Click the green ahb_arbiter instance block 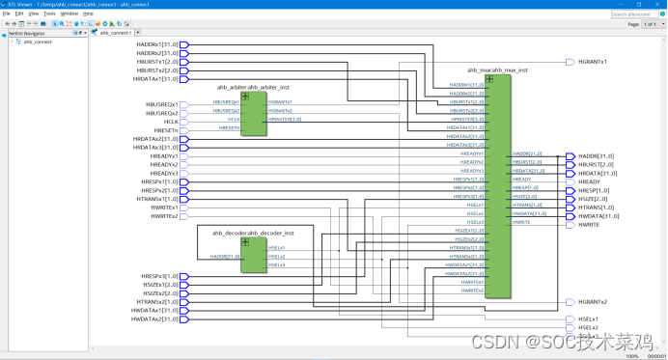pos(253,114)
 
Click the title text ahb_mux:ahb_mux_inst pos(498,70)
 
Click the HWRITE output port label pos(589,224)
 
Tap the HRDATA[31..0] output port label pos(597,173)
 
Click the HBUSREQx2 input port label pos(161,112)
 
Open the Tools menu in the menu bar pos(48,14)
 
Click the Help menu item pos(89,14)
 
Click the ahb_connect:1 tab pos(116,33)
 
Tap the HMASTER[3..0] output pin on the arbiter pos(285,119)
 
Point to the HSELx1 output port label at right pos(589,318)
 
